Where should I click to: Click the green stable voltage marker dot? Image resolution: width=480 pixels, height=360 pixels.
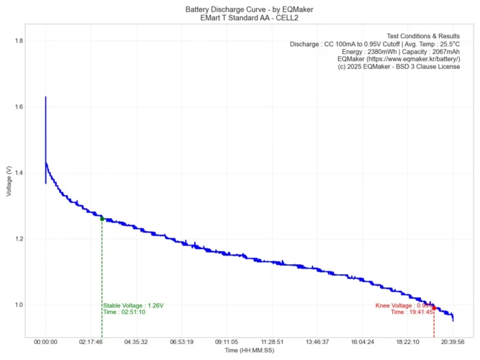[102, 219]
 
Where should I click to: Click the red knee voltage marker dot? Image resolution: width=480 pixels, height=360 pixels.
[434, 308]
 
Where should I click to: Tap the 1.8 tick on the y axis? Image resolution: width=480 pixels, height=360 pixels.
[18, 41]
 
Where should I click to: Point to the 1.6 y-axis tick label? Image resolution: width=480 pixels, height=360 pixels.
[18, 107]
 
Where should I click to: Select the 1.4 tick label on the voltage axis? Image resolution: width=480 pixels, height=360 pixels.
[18, 174]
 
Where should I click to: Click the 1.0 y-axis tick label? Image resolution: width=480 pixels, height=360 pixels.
[18, 305]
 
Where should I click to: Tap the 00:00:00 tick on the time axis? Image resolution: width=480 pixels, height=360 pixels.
[45, 343]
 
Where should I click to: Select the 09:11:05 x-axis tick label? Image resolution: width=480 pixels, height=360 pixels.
[227, 343]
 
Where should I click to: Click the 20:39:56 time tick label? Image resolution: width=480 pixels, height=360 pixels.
[453, 343]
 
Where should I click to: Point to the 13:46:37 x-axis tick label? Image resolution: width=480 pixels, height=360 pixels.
[317, 343]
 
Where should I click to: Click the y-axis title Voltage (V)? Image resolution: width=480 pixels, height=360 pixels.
[8, 181]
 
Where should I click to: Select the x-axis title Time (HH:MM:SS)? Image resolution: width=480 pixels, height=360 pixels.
[249, 351]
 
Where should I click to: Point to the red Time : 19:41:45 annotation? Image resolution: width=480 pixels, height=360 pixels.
[412, 312]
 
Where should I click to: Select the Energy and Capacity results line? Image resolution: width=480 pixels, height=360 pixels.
[409, 52]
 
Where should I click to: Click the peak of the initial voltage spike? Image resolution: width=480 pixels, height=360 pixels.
[45, 97]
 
